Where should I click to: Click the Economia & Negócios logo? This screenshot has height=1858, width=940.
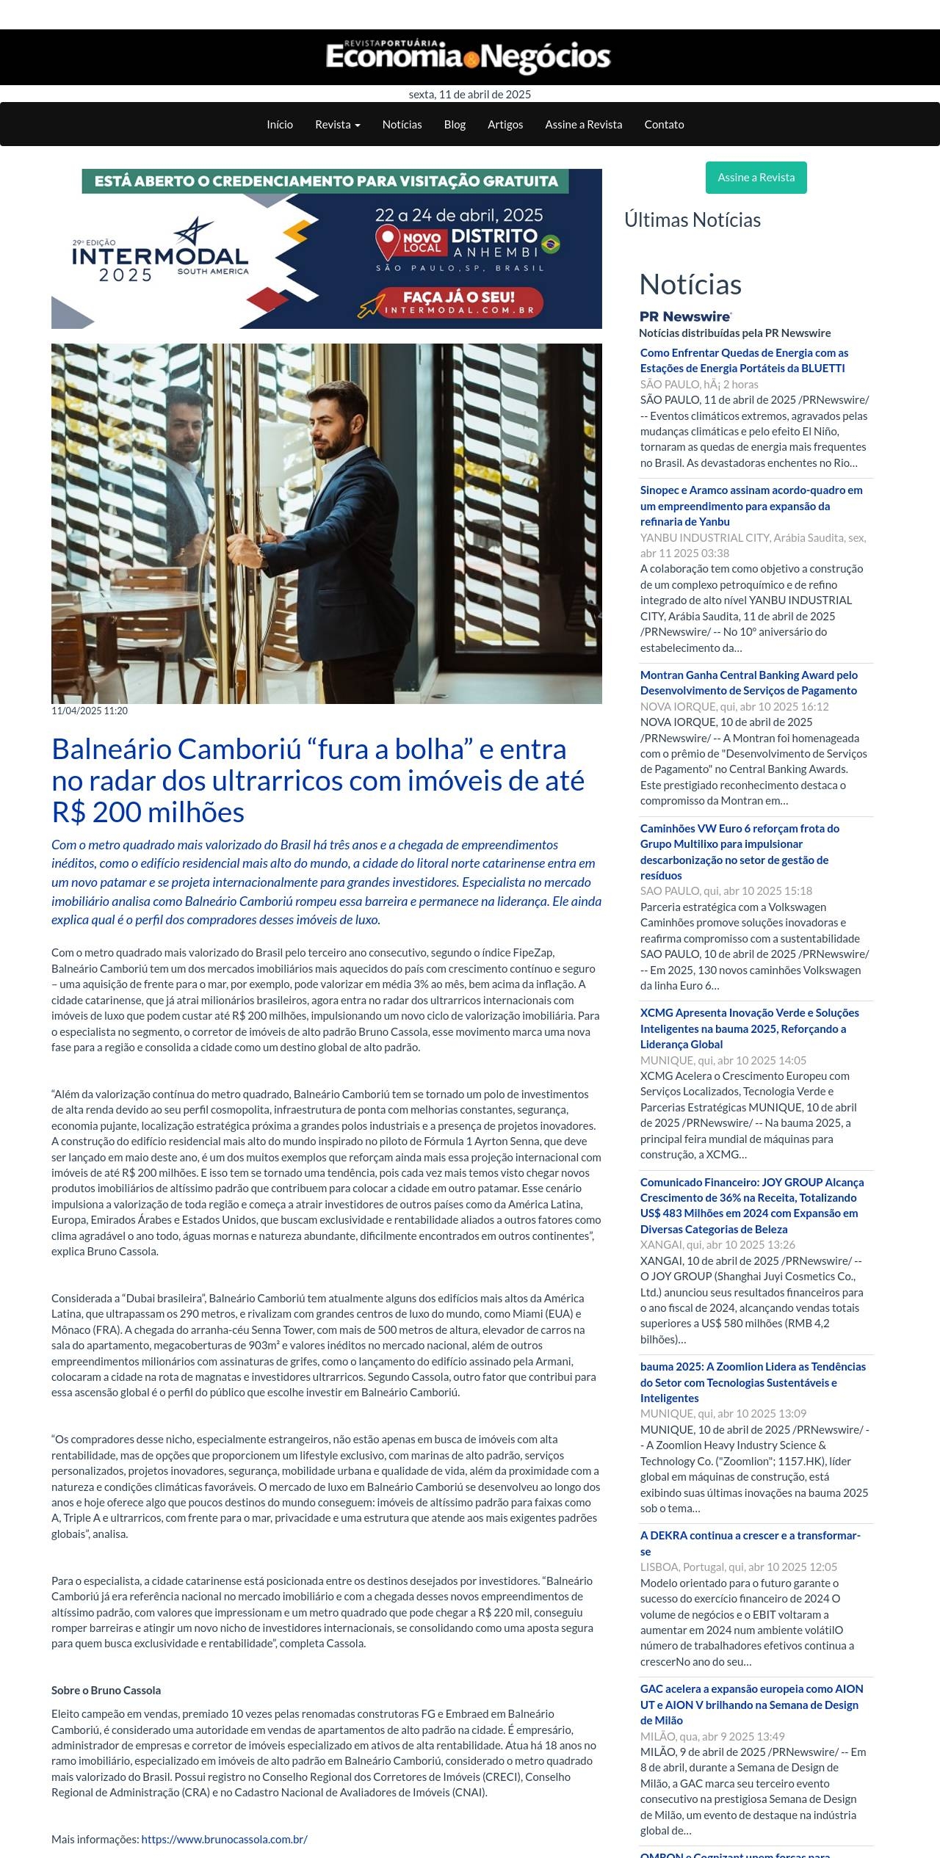pyautogui.click(x=469, y=57)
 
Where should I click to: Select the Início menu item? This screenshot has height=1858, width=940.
pyautogui.click(x=280, y=125)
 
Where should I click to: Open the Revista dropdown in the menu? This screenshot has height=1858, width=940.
pyautogui.click(x=338, y=125)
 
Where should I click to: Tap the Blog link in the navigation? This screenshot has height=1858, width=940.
pyautogui.click(x=455, y=125)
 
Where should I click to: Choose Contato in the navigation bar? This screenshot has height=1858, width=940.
pyautogui.click(x=664, y=125)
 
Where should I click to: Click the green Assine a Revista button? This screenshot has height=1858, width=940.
pyautogui.click(x=756, y=178)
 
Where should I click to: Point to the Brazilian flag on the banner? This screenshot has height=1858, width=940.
pyautogui.click(x=551, y=244)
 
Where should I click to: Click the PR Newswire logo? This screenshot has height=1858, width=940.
pyautogui.click(x=685, y=316)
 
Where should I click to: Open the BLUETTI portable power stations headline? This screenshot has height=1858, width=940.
pyautogui.click(x=743, y=360)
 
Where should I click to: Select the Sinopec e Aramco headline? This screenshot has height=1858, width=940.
pyautogui.click(x=751, y=506)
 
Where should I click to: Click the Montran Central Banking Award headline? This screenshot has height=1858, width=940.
pyautogui.click(x=748, y=683)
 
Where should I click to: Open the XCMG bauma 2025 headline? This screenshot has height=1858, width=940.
pyautogui.click(x=749, y=1028)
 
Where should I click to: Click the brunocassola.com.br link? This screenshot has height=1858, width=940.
pyautogui.click(x=224, y=1839)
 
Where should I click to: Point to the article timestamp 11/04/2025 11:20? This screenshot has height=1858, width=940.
pyautogui.click(x=90, y=711)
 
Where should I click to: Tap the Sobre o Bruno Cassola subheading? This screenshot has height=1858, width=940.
pyautogui.click(x=106, y=1690)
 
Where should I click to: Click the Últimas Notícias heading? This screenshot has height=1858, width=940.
pyautogui.click(x=692, y=220)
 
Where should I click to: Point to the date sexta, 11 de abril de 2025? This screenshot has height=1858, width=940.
pyautogui.click(x=469, y=95)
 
